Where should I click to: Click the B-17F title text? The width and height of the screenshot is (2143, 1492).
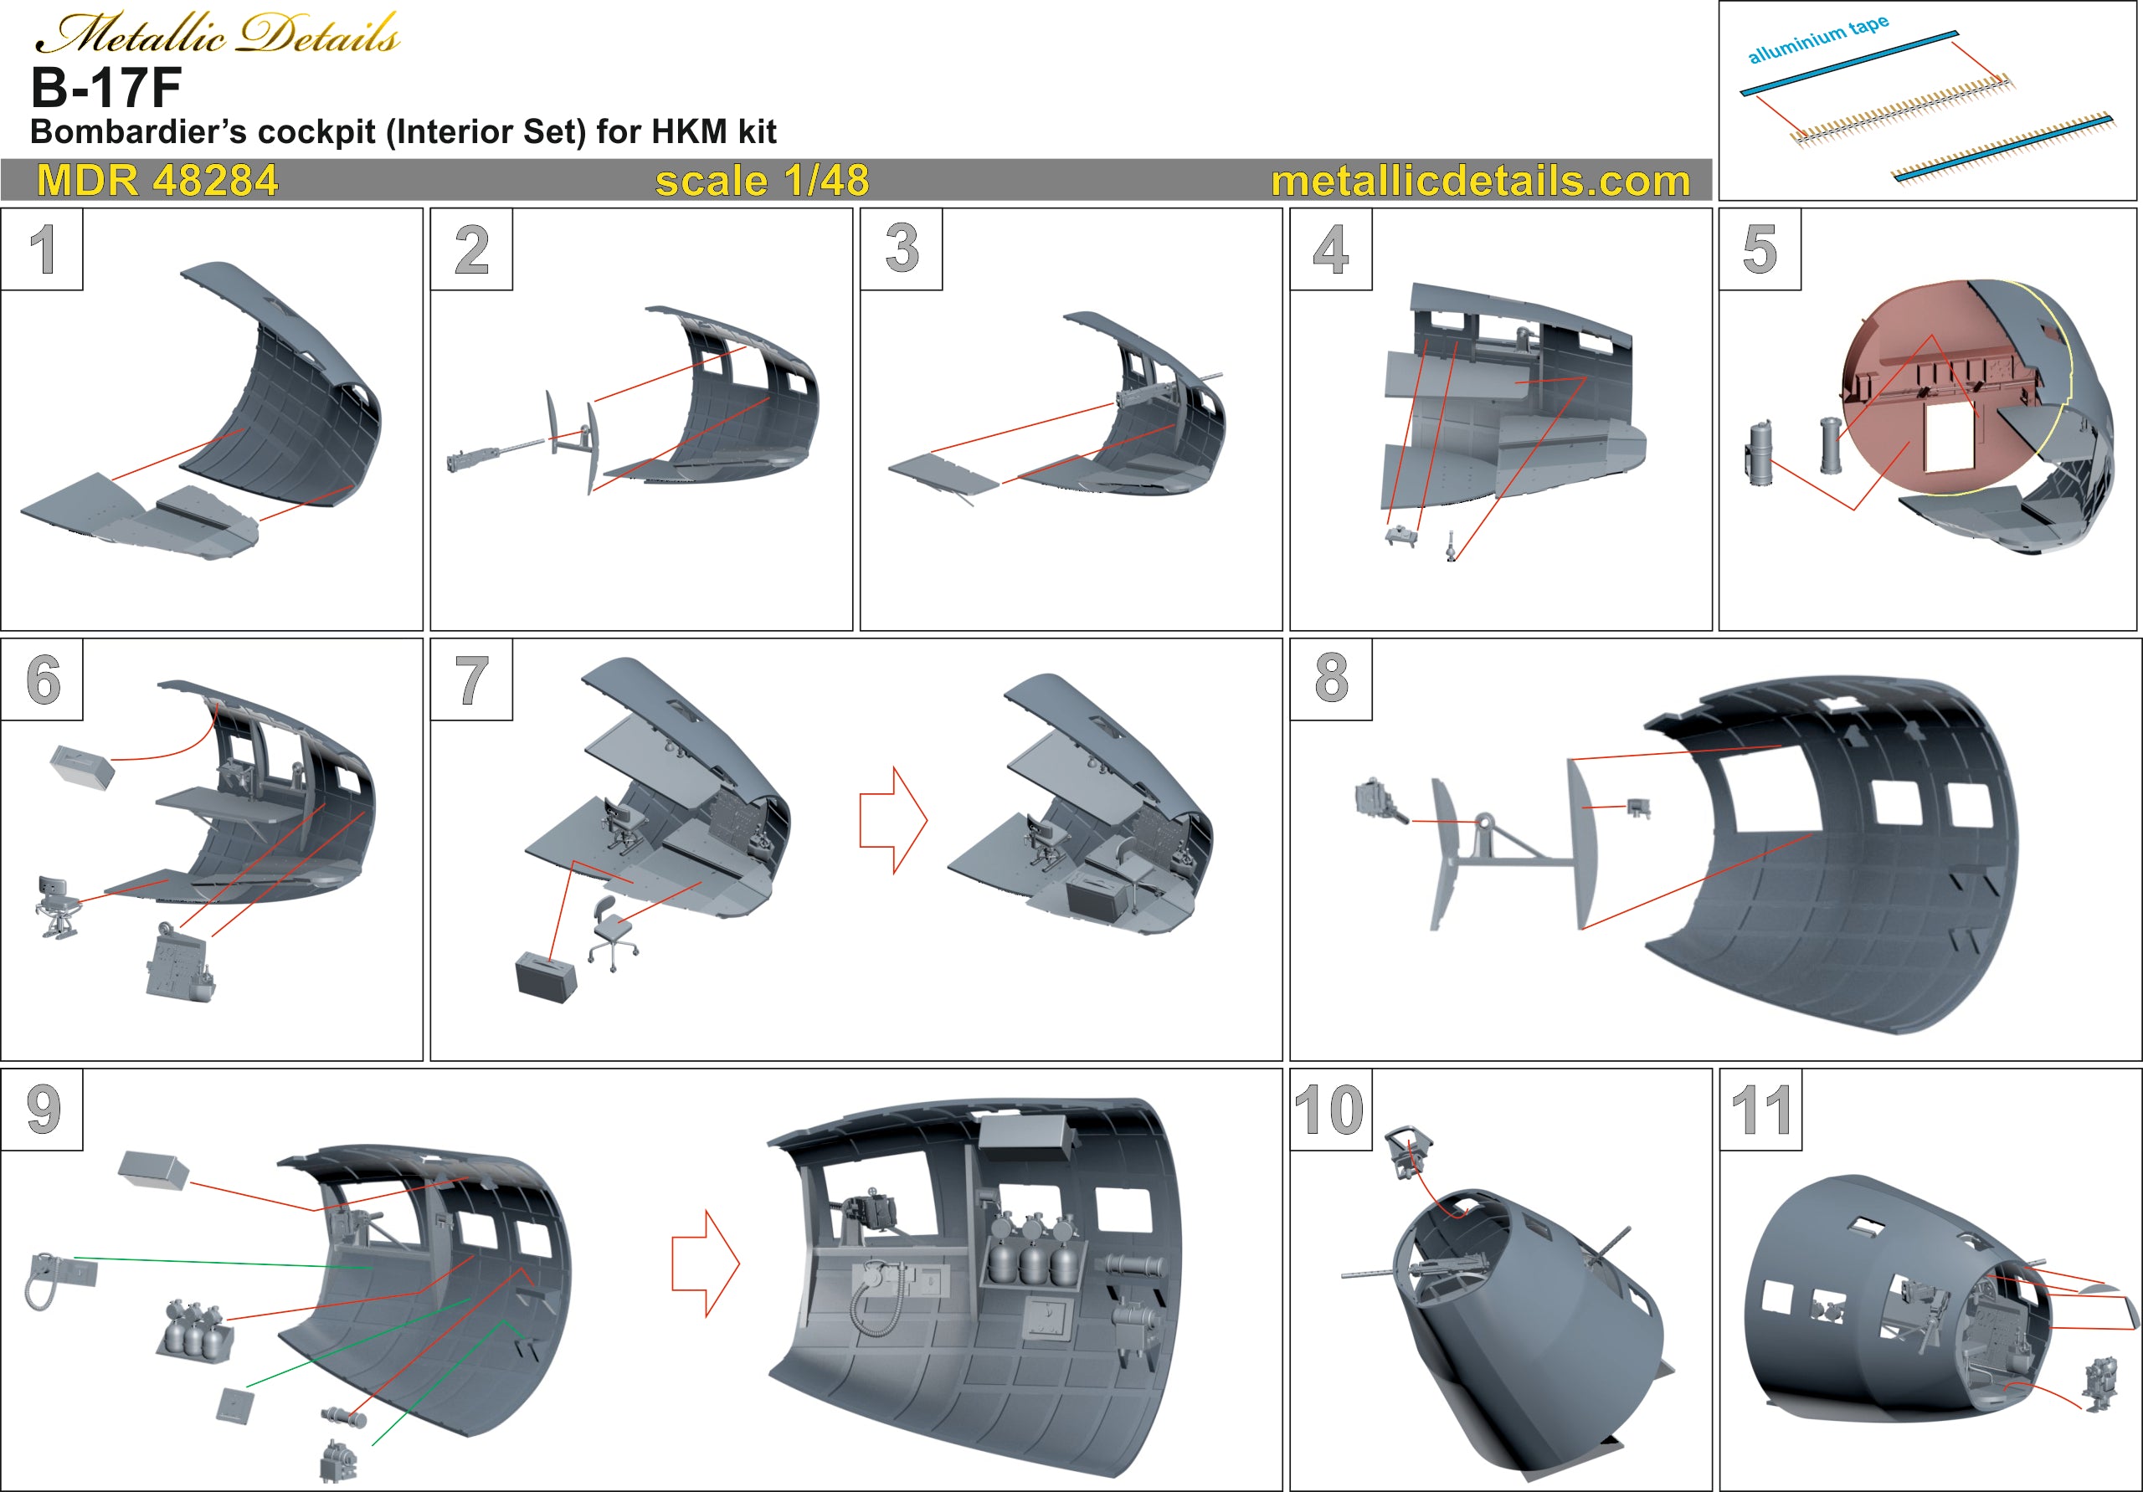click(x=105, y=88)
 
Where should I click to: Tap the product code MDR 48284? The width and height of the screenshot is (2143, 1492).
click(x=157, y=180)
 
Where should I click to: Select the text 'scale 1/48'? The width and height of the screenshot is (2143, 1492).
click(x=762, y=180)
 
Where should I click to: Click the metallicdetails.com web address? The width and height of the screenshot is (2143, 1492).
click(x=1480, y=180)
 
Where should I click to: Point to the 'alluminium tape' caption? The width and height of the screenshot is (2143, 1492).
click(x=1817, y=39)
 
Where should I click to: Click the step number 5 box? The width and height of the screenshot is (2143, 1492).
click(x=1760, y=249)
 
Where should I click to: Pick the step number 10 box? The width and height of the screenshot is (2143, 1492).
click(x=1330, y=1110)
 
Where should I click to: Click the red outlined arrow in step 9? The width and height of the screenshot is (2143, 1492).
click(x=706, y=1264)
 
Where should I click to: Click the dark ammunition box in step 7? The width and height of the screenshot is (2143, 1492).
click(x=546, y=977)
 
